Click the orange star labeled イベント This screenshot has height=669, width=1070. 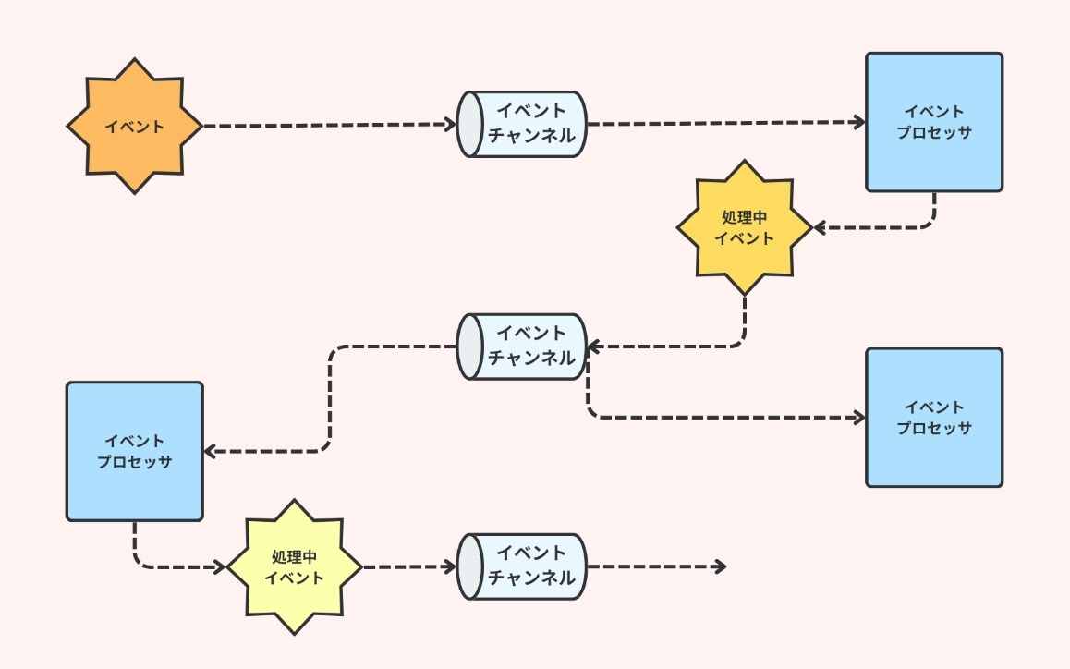click(135, 127)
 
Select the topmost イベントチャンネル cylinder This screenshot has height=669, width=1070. click(523, 124)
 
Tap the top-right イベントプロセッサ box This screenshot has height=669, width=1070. click(934, 122)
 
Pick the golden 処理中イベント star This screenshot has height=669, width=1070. click(745, 227)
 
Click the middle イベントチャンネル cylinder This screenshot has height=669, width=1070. click(523, 346)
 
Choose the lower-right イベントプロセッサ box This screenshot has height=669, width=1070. click(934, 418)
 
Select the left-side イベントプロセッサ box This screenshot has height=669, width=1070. click(135, 451)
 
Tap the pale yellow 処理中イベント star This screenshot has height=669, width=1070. click(295, 567)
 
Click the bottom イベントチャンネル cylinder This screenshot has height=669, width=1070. click(523, 566)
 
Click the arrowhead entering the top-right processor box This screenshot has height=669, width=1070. click(860, 122)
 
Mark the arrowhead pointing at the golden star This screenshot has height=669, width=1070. click(819, 227)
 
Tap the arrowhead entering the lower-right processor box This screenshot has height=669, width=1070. click(860, 418)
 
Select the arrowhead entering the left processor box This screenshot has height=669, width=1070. click(209, 452)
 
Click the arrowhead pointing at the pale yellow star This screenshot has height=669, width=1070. click(220, 567)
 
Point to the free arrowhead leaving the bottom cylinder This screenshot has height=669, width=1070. click(721, 566)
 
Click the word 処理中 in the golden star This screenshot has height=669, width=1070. click(745, 218)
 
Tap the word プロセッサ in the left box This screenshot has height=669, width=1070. click(135, 461)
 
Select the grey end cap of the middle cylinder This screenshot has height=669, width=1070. click(469, 346)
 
